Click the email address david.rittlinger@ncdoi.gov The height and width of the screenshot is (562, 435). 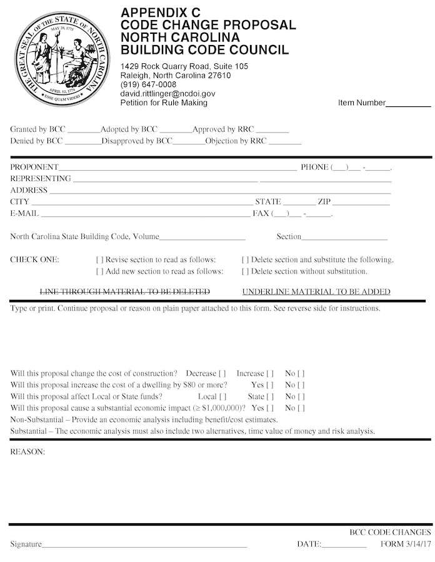[x=167, y=93]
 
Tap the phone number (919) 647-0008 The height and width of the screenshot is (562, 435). [x=148, y=84]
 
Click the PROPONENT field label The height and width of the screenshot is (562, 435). [x=34, y=167]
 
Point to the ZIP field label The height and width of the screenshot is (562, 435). [x=324, y=202]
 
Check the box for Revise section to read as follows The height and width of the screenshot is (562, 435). [x=99, y=260]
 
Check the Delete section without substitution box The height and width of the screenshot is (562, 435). [x=245, y=272]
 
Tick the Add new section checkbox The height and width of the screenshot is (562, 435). [x=99, y=272]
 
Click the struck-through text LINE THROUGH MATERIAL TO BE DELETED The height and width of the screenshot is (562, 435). [x=125, y=292]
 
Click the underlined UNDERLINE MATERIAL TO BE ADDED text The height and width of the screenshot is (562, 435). [x=316, y=292]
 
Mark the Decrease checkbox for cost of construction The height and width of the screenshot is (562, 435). [x=222, y=374]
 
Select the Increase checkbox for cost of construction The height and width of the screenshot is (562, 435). [x=270, y=374]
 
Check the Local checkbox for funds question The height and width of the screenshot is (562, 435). [x=223, y=397]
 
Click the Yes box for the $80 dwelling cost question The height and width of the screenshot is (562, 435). [x=270, y=385]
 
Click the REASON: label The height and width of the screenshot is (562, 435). [x=27, y=451]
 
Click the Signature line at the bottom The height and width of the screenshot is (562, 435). [x=144, y=545]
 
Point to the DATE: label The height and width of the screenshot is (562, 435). [x=309, y=544]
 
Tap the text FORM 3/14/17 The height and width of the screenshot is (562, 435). [x=406, y=544]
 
